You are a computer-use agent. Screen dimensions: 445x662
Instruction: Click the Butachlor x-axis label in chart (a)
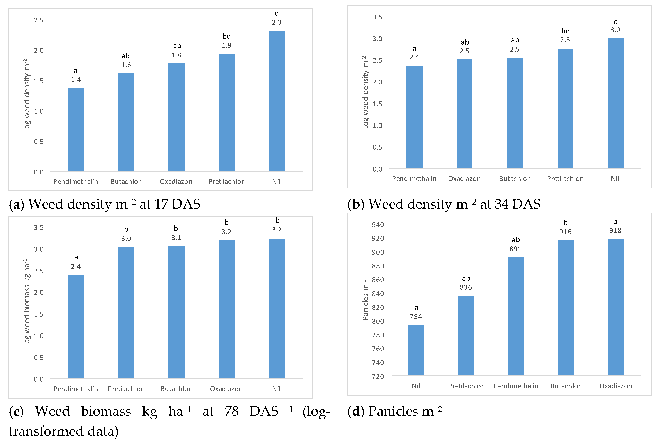(x=125, y=182)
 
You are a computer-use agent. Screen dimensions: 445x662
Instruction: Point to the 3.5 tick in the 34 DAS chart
(x=377, y=17)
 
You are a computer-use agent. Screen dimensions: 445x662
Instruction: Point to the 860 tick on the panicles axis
(x=378, y=280)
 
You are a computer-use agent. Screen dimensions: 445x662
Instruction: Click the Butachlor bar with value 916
(x=566, y=307)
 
